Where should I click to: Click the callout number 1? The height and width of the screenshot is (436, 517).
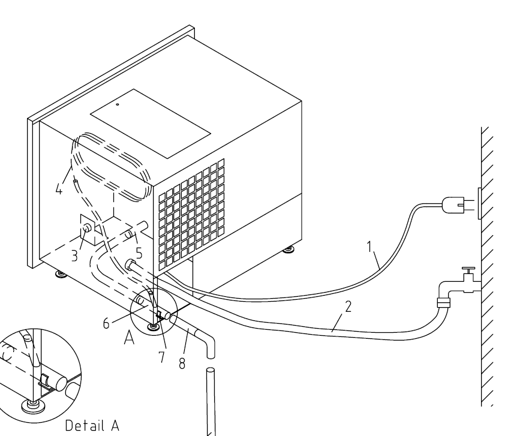pos(369,246)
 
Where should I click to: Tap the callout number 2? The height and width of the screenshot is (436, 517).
pos(348,306)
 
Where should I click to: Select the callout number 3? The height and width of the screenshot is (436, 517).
pos(74,256)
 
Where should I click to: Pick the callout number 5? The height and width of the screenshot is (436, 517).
pos(139,253)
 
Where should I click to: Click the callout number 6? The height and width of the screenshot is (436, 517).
pos(106,323)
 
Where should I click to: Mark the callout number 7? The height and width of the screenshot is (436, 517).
pos(161,357)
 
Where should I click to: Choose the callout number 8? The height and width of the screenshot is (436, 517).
pos(182,363)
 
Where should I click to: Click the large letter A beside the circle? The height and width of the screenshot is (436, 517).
pos(130,338)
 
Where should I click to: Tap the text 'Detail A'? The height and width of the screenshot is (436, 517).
pos(92,425)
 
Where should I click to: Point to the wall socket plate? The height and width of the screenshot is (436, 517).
pos(479,203)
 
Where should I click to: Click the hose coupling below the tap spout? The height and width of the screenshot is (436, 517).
pos(443,302)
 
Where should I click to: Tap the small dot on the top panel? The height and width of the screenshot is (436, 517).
pos(118,104)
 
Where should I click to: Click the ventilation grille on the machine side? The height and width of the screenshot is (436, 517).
pos(191,214)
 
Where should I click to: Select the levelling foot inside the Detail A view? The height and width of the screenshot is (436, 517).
pos(32,405)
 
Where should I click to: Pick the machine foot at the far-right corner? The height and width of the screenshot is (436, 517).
pos(289,249)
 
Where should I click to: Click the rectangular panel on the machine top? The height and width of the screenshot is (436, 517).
pos(151,124)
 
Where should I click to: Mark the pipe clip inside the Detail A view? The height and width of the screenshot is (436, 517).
pos(45,380)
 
